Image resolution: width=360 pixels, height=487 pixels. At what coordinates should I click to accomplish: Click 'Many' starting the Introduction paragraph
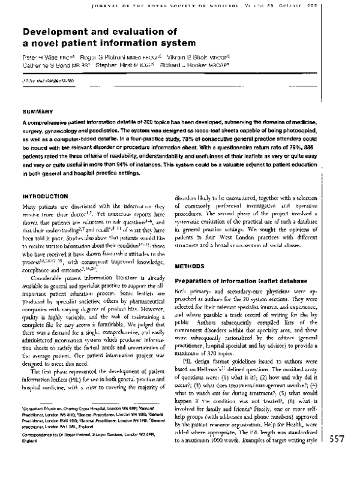tap(29, 207)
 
